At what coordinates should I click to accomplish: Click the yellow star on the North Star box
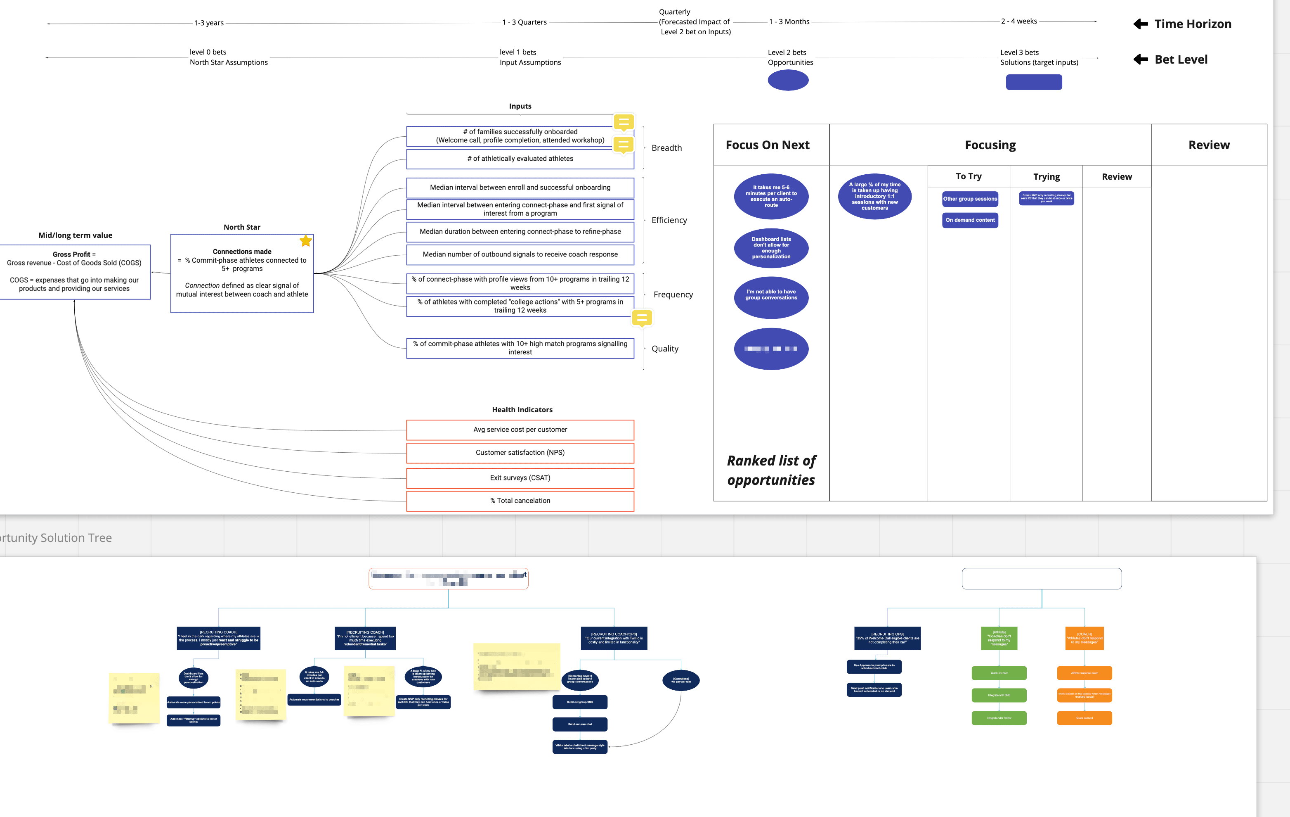coord(305,241)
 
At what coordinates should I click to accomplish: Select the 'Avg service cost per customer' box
coord(520,430)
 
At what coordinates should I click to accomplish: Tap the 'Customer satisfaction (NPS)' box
coord(520,452)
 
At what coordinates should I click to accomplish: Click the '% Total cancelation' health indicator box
coord(520,501)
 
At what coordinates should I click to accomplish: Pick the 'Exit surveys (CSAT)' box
coord(520,477)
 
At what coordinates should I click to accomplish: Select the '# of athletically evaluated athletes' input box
coord(520,159)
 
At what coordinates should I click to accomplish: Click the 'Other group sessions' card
coord(970,199)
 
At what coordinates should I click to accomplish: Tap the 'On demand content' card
coord(970,220)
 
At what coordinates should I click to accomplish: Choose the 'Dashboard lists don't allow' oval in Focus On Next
coord(771,248)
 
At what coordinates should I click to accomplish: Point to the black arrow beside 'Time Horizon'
coord(1141,24)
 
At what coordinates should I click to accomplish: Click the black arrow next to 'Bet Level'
coord(1141,59)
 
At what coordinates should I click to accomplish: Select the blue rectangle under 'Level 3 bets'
coord(1033,82)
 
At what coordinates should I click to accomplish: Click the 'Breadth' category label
coord(666,148)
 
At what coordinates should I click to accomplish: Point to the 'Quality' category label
coord(665,349)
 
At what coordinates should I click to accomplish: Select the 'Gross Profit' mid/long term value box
coord(74,272)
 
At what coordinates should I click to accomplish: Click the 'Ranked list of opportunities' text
coord(771,470)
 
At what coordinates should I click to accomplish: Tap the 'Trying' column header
coord(1046,176)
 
